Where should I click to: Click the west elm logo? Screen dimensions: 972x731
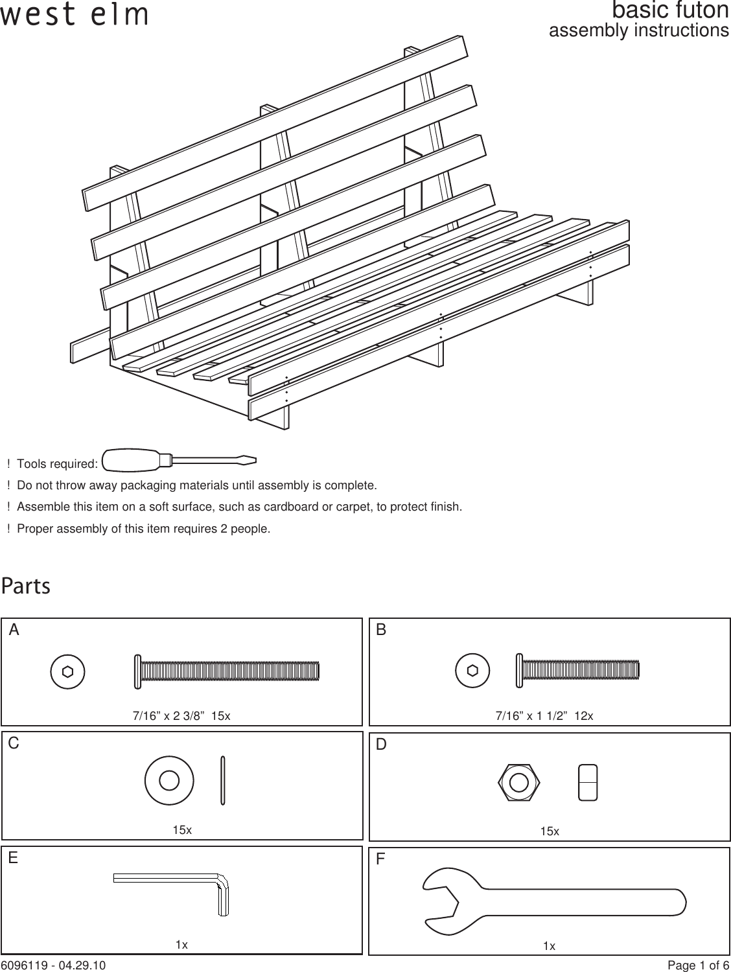tap(74, 16)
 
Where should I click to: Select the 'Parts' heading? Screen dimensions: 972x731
tap(26, 587)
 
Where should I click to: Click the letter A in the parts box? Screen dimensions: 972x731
tap(14, 631)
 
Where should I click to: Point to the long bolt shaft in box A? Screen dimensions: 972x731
tap(230, 671)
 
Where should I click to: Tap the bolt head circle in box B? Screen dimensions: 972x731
tap(473, 671)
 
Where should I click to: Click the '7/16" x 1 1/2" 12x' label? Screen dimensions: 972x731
tap(544, 716)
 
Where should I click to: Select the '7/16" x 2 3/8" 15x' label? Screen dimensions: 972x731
tap(181, 716)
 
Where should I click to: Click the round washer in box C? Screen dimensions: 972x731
tap(168, 780)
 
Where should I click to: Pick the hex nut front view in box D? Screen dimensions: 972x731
tap(518, 782)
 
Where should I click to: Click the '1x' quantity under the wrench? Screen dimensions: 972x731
tap(549, 947)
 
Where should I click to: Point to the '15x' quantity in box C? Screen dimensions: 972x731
tap(182, 830)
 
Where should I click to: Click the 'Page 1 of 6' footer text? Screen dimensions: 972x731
tap(698, 966)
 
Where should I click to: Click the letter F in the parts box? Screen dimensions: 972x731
tap(381, 860)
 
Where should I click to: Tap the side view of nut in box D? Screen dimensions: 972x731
tap(588, 782)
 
